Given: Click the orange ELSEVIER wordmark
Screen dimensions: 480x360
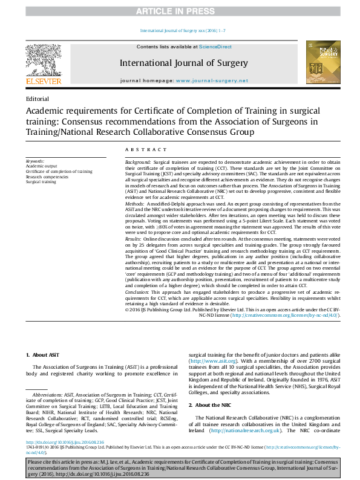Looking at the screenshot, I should tap(43, 81).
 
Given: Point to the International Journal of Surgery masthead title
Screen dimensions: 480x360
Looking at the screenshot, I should tap(183, 63).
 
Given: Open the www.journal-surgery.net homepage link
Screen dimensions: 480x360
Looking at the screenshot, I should tap(212, 80).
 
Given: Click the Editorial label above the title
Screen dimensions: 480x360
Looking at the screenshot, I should tap(38, 99).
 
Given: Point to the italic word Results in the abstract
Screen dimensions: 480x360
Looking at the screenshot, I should tap(134, 240).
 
